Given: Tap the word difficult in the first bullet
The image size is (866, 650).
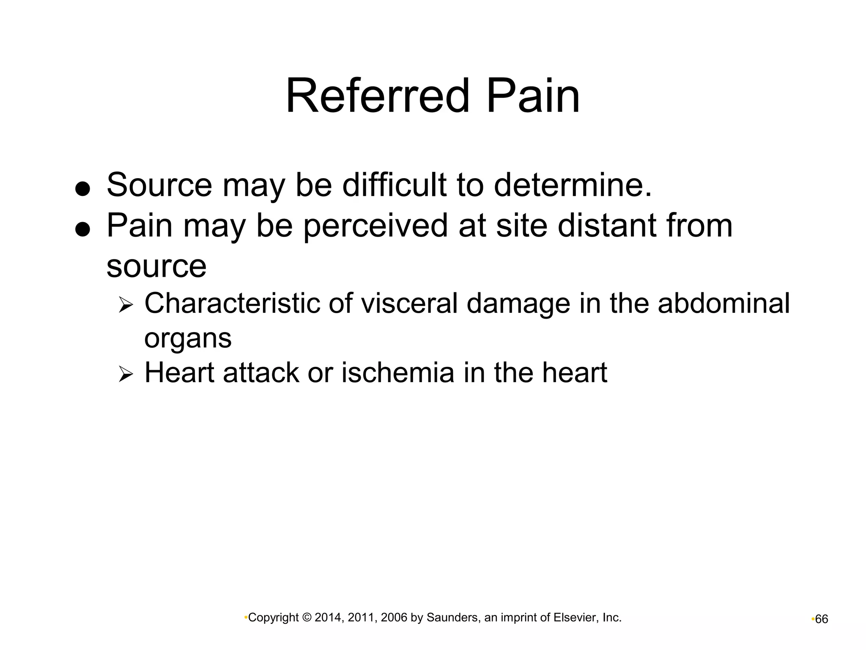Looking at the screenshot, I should click(x=394, y=185).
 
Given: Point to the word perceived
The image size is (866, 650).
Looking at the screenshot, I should click(x=375, y=226).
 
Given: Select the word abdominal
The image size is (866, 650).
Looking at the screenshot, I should click(x=723, y=303).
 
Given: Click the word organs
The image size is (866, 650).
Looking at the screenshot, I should click(x=188, y=339).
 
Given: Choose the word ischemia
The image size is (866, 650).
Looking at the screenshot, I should click(x=397, y=373).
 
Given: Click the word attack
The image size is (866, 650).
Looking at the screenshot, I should click(x=260, y=373).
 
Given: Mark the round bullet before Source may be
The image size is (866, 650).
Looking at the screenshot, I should click(x=82, y=189).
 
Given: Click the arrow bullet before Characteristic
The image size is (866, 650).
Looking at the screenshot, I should click(x=126, y=305).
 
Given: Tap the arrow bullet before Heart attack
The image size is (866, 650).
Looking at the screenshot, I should click(x=126, y=374).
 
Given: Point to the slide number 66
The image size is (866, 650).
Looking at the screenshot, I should click(x=821, y=620).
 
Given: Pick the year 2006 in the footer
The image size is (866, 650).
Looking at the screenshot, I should click(x=394, y=618).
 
